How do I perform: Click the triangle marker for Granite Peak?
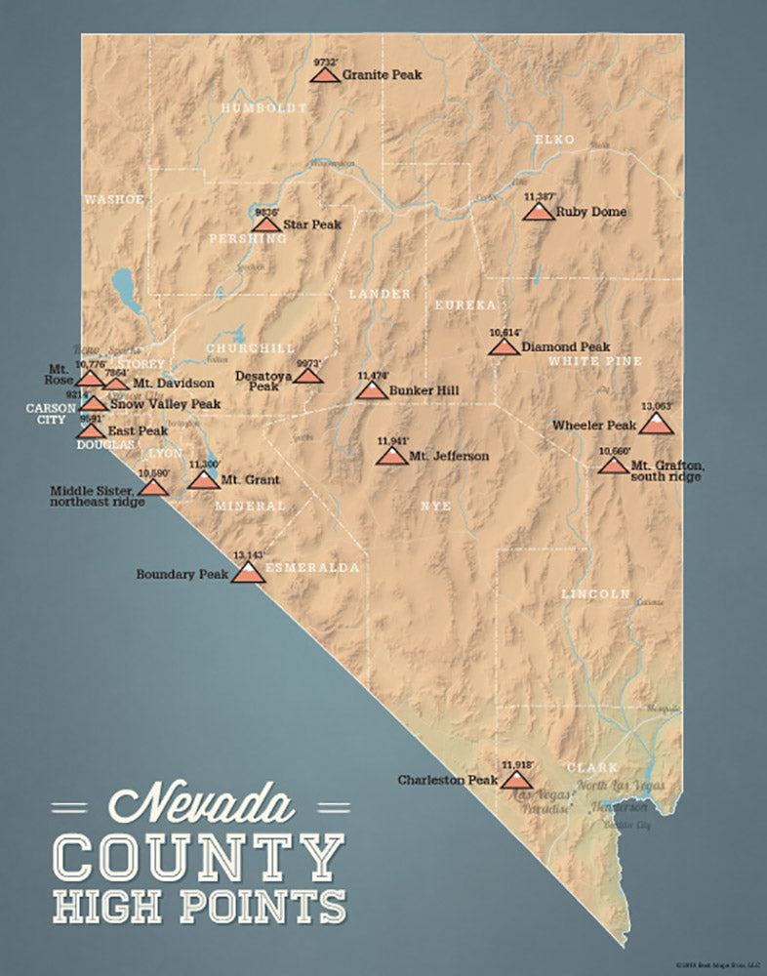pyautogui.click(x=325, y=75)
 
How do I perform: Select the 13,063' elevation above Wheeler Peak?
pyautogui.click(x=658, y=406)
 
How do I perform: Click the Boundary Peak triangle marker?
pyautogui.click(x=248, y=574)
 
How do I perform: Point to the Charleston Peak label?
pyautogui.click(x=447, y=781)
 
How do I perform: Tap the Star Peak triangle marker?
pyautogui.click(x=265, y=225)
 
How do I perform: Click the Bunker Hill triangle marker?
pyautogui.click(x=371, y=391)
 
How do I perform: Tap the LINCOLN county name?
pyautogui.click(x=595, y=593)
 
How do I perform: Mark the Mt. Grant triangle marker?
pyautogui.click(x=204, y=480)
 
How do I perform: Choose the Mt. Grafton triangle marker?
pyautogui.click(x=613, y=467)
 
